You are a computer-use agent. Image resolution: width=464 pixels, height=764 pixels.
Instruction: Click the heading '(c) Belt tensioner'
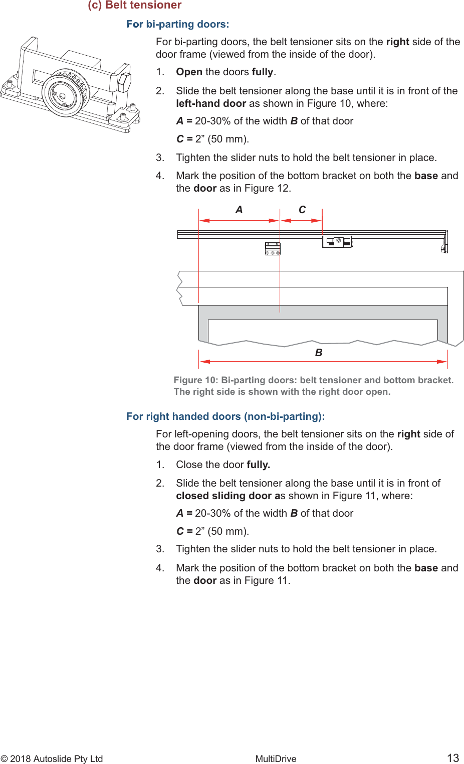point(134,6)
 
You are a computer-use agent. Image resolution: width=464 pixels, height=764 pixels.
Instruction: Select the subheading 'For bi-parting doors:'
point(177,24)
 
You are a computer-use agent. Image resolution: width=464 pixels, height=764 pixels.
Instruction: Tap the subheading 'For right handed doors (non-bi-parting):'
point(225,416)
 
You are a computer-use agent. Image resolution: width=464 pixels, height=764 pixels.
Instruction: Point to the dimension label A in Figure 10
point(239,210)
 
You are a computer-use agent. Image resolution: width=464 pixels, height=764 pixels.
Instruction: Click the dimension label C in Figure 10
point(302,210)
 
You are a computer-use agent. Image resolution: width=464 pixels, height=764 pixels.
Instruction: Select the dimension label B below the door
point(319,353)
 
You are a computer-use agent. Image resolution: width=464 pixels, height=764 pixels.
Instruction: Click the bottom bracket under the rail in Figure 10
point(272,249)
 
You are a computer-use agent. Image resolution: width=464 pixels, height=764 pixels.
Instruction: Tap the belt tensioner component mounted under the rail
point(337,242)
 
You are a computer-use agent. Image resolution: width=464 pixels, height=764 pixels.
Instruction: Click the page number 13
point(453,758)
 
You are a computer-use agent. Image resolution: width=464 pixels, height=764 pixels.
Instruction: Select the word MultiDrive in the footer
point(276,759)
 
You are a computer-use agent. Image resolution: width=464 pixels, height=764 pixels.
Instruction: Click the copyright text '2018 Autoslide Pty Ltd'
point(56,759)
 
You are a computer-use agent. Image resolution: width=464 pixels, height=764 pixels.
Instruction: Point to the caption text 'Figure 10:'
point(195,380)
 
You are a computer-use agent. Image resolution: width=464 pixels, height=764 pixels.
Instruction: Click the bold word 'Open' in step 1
point(189,72)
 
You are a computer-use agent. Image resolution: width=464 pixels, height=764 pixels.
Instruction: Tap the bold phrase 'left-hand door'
point(211,103)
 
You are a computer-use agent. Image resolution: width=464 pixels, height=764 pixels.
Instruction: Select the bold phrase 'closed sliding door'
point(223,496)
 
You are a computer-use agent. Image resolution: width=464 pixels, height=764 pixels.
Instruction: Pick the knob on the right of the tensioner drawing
point(124,81)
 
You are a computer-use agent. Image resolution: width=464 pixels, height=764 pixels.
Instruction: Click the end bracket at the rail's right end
point(444,243)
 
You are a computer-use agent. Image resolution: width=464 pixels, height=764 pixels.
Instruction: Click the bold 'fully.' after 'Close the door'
point(258,465)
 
